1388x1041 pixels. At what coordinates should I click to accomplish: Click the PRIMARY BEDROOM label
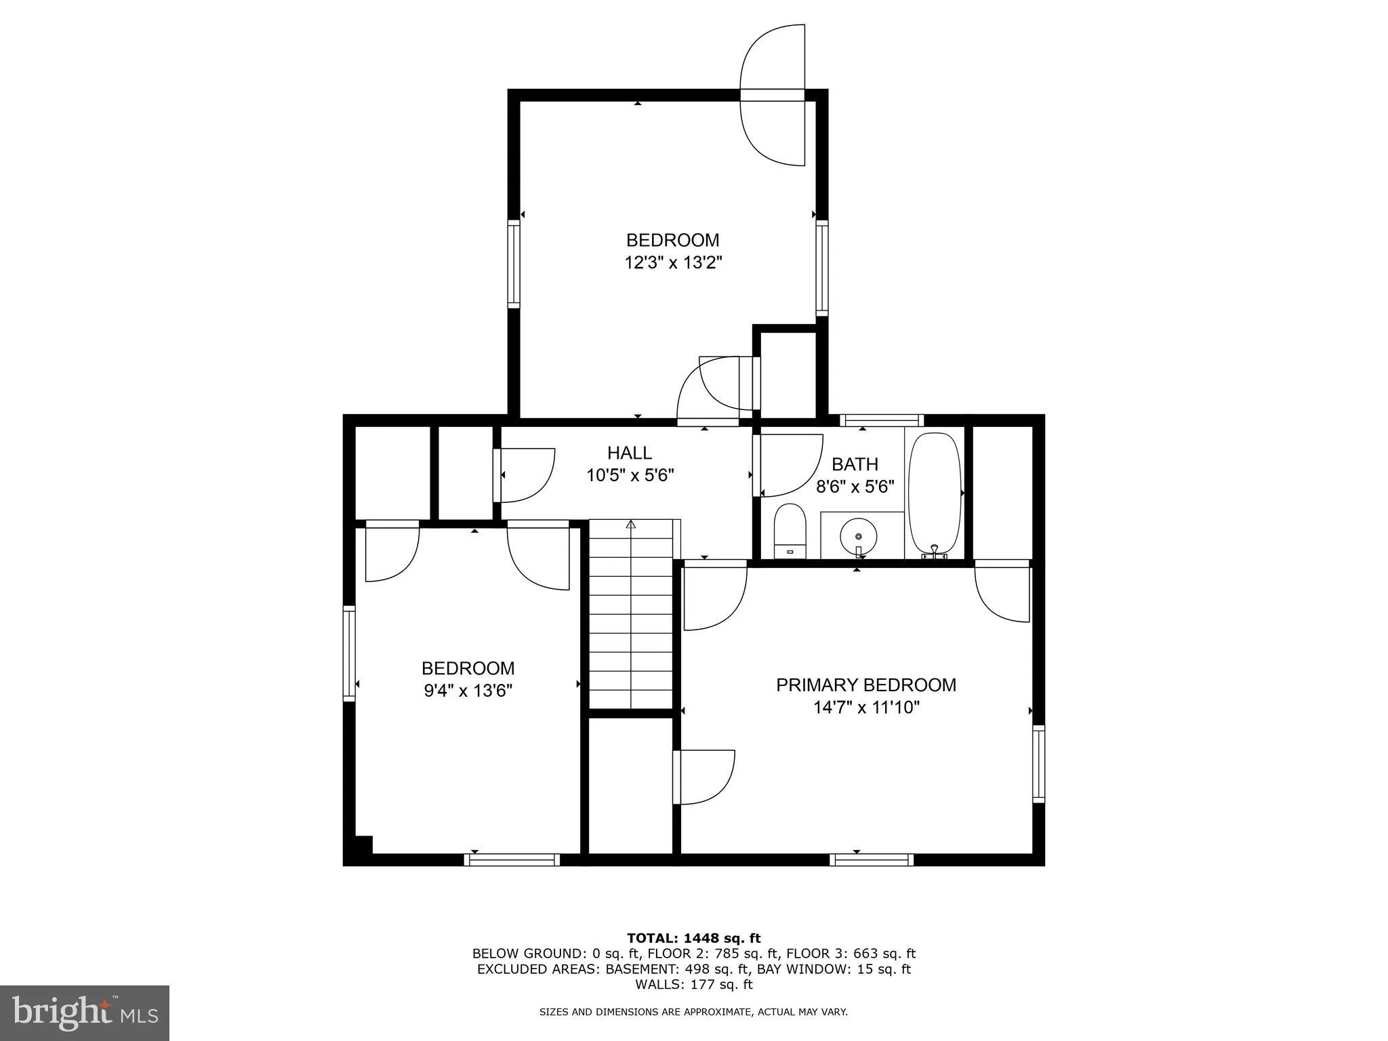[x=865, y=685]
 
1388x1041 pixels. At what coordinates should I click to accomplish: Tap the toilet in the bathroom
[x=790, y=531]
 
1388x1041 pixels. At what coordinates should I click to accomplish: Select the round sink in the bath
[x=858, y=537]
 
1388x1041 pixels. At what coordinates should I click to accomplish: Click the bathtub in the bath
[x=935, y=495]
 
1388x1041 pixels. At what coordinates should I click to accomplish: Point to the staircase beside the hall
[x=631, y=613]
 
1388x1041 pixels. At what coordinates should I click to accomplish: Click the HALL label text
[x=630, y=453]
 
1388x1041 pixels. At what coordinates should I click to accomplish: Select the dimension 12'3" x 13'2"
[x=673, y=263]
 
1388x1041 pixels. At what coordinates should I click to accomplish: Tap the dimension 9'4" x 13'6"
[x=468, y=691]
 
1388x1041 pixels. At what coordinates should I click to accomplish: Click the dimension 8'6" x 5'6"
[x=855, y=487]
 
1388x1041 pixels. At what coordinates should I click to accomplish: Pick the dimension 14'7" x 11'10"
[x=866, y=708]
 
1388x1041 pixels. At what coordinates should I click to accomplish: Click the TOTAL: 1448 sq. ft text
[x=693, y=938]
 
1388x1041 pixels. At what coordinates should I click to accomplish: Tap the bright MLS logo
[x=85, y=1013]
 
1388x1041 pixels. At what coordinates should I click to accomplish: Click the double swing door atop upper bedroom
[x=773, y=95]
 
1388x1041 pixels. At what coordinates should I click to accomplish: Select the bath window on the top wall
[x=881, y=420]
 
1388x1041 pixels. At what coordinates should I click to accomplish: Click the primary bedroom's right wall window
[x=1038, y=764]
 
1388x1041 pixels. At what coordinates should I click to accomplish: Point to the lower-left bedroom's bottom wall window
[x=512, y=859]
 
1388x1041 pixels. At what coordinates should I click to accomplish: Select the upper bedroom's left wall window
[x=514, y=264]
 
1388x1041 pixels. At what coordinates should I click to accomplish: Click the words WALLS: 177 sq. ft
[x=693, y=985]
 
